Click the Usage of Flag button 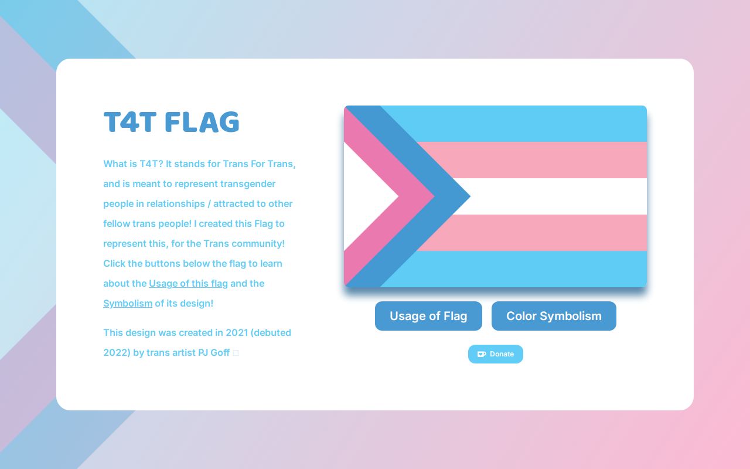pyautogui.click(x=428, y=316)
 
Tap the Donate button pyautogui.click(x=496, y=354)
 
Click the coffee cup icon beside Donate pyautogui.click(x=482, y=354)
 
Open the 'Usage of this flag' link pyautogui.click(x=188, y=284)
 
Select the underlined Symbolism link pyautogui.click(x=128, y=304)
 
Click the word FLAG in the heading pyautogui.click(x=202, y=123)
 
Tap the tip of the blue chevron pyautogui.click(x=466, y=196)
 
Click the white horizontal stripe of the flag pyautogui.click(x=557, y=196)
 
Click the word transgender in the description pyautogui.click(x=248, y=184)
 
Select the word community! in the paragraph pyautogui.click(x=258, y=244)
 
